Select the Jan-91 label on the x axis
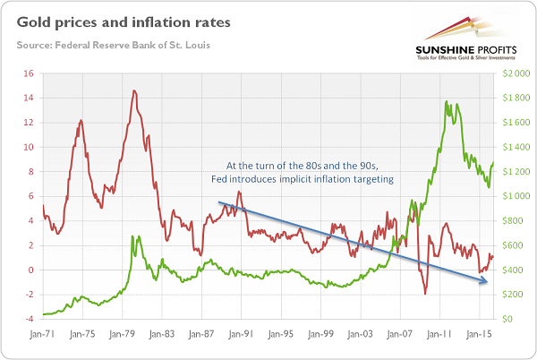(x=239, y=333)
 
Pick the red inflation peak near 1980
(x=133, y=90)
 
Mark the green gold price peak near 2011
(x=445, y=102)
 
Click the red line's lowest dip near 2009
(x=426, y=294)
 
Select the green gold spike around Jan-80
(x=132, y=236)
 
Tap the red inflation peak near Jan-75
(x=81, y=120)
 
